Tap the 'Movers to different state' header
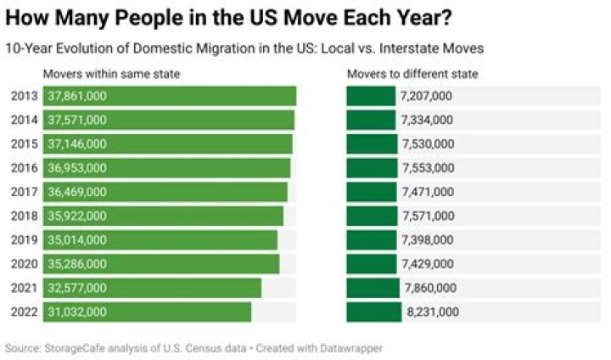pyautogui.click(x=412, y=74)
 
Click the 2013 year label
pyautogui.click(x=25, y=96)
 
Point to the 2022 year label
pyautogui.click(x=25, y=312)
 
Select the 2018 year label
pyautogui.click(x=25, y=217)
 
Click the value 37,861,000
pyautogui.click(x=77, y=96)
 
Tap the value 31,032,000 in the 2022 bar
pyautogui.click(x=77, y=312)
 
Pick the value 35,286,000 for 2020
pyautogui.click(x=77, y=264)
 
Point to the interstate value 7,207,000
pyautogui.click(x=426, y=96)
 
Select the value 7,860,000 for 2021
pyautogui.click(x=429, y=289)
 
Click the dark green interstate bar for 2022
pyautogui.click(x=374, y=312)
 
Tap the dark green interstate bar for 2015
pyautogui.click(x=372, y=144)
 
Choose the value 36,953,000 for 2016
pyautogui.click(x=77, y=168)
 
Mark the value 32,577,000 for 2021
pyautogui.click(x=77, y=289)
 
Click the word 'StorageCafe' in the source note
pyautogui.click(x=72, y=348)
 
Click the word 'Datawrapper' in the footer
pyautogui.click(x=354, y=348)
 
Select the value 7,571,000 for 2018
pyautogui.click(x=426, y=217)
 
